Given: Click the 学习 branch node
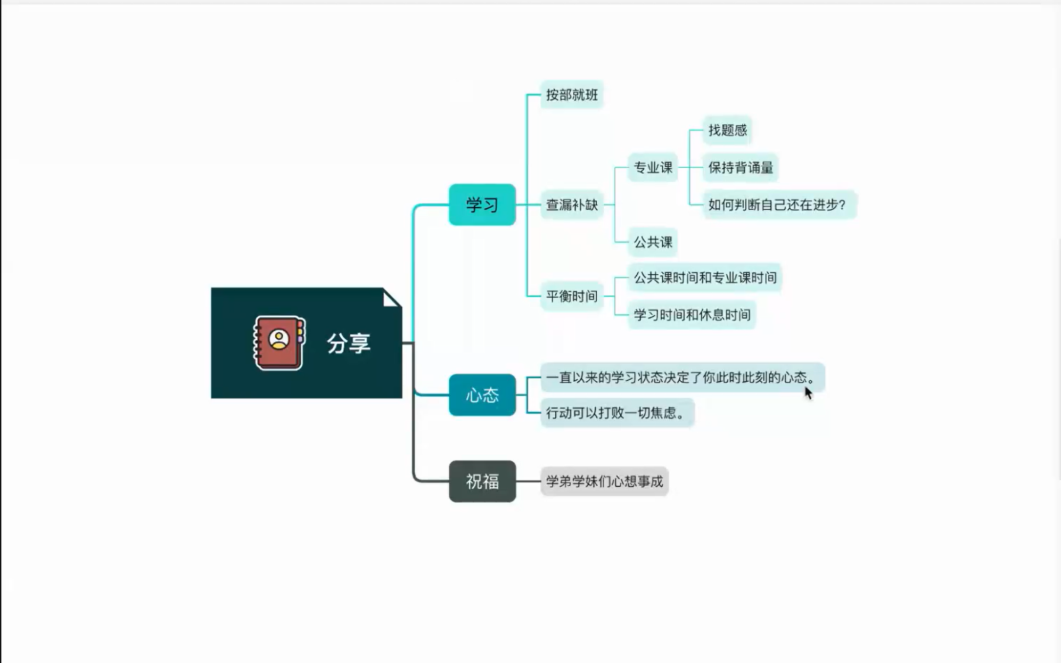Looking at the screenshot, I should pos(482,204).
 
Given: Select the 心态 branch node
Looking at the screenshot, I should pos(482,395).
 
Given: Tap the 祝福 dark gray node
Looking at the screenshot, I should pos(482,481).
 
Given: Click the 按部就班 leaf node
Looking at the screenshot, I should pos(572,95).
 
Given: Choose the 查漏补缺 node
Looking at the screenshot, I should pos(572,204).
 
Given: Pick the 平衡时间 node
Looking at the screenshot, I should pos(572,296).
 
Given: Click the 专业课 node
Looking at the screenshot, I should pos(653,168).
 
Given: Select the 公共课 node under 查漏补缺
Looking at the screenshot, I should pos(653,242).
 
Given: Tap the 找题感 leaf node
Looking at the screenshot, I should pos(727,130).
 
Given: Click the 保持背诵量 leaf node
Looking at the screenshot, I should pos(740,168).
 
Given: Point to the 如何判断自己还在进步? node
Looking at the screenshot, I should pos(777,204).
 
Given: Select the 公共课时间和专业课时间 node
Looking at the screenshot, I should pos(704,277).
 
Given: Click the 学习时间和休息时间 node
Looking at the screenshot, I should pos(692,315).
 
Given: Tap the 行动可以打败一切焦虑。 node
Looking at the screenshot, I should pos(616,413).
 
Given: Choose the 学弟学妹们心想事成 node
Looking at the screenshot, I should pos(604,481).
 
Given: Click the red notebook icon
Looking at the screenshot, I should pos(279,343).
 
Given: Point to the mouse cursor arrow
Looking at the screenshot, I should pos(808,393).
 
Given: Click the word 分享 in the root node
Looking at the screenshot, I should pos(349,343).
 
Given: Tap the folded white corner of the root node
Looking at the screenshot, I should pos(390,299).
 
